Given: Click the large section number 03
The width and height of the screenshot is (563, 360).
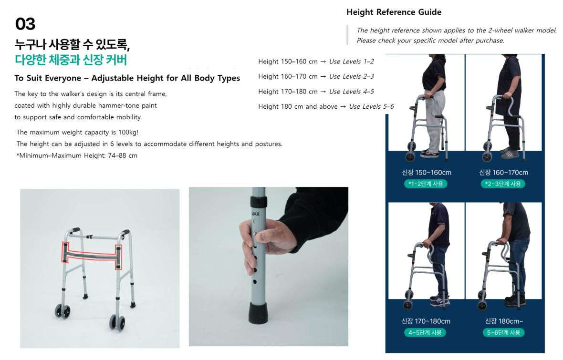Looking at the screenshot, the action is point(25,24).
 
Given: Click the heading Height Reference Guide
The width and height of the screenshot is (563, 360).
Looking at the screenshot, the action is point(394,12).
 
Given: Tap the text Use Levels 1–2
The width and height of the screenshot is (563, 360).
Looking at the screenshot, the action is point(352,62).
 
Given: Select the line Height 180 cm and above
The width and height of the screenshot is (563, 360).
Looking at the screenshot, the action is point(298,107).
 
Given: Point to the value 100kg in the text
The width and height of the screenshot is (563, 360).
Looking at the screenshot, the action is point(128,132).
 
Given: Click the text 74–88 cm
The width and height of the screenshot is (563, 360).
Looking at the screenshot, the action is point(123,155).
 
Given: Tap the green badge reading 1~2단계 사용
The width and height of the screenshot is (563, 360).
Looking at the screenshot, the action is point(426,184).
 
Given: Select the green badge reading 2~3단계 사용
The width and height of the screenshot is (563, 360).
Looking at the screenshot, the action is point(503,184).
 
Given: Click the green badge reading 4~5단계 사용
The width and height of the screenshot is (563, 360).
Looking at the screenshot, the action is point(425,332).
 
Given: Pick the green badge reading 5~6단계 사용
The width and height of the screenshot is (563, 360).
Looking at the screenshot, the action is point(503,332).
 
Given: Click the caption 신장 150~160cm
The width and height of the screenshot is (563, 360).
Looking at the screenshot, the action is point(427,173).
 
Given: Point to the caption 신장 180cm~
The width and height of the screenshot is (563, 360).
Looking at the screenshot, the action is point(504,321).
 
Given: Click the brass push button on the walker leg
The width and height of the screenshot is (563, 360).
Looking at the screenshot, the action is point(255,233).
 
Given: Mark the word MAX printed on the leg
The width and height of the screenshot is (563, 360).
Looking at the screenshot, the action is point(255,214).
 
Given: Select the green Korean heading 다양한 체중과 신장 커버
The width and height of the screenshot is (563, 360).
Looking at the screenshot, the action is point(71,60).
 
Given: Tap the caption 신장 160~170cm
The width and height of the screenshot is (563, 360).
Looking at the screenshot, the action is point(504,173).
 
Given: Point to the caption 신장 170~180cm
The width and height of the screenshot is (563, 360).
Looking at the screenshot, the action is point(426,321).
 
